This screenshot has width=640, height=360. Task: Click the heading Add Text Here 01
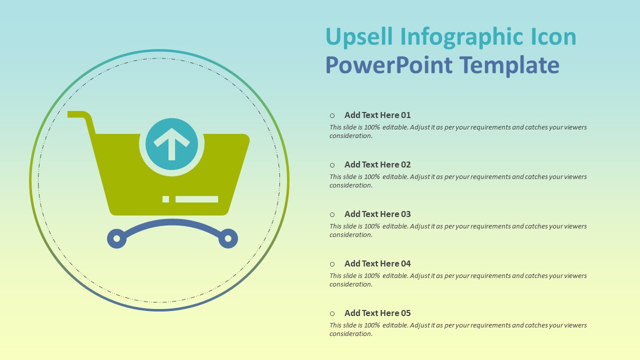377,115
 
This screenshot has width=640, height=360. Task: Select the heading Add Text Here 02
377,164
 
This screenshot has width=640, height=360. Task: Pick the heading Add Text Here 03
377,214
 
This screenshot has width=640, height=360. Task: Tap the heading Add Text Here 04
377,263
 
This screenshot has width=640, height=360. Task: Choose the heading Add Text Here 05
377,313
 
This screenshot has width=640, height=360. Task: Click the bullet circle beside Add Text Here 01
332,115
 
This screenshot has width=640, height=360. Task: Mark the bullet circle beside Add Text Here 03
332,214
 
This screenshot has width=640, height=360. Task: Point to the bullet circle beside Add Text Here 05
332,313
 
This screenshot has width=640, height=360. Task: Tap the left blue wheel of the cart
116,238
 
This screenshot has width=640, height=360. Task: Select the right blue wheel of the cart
228,238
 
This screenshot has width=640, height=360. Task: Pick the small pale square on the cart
165,199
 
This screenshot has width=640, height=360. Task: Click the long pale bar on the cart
196,199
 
